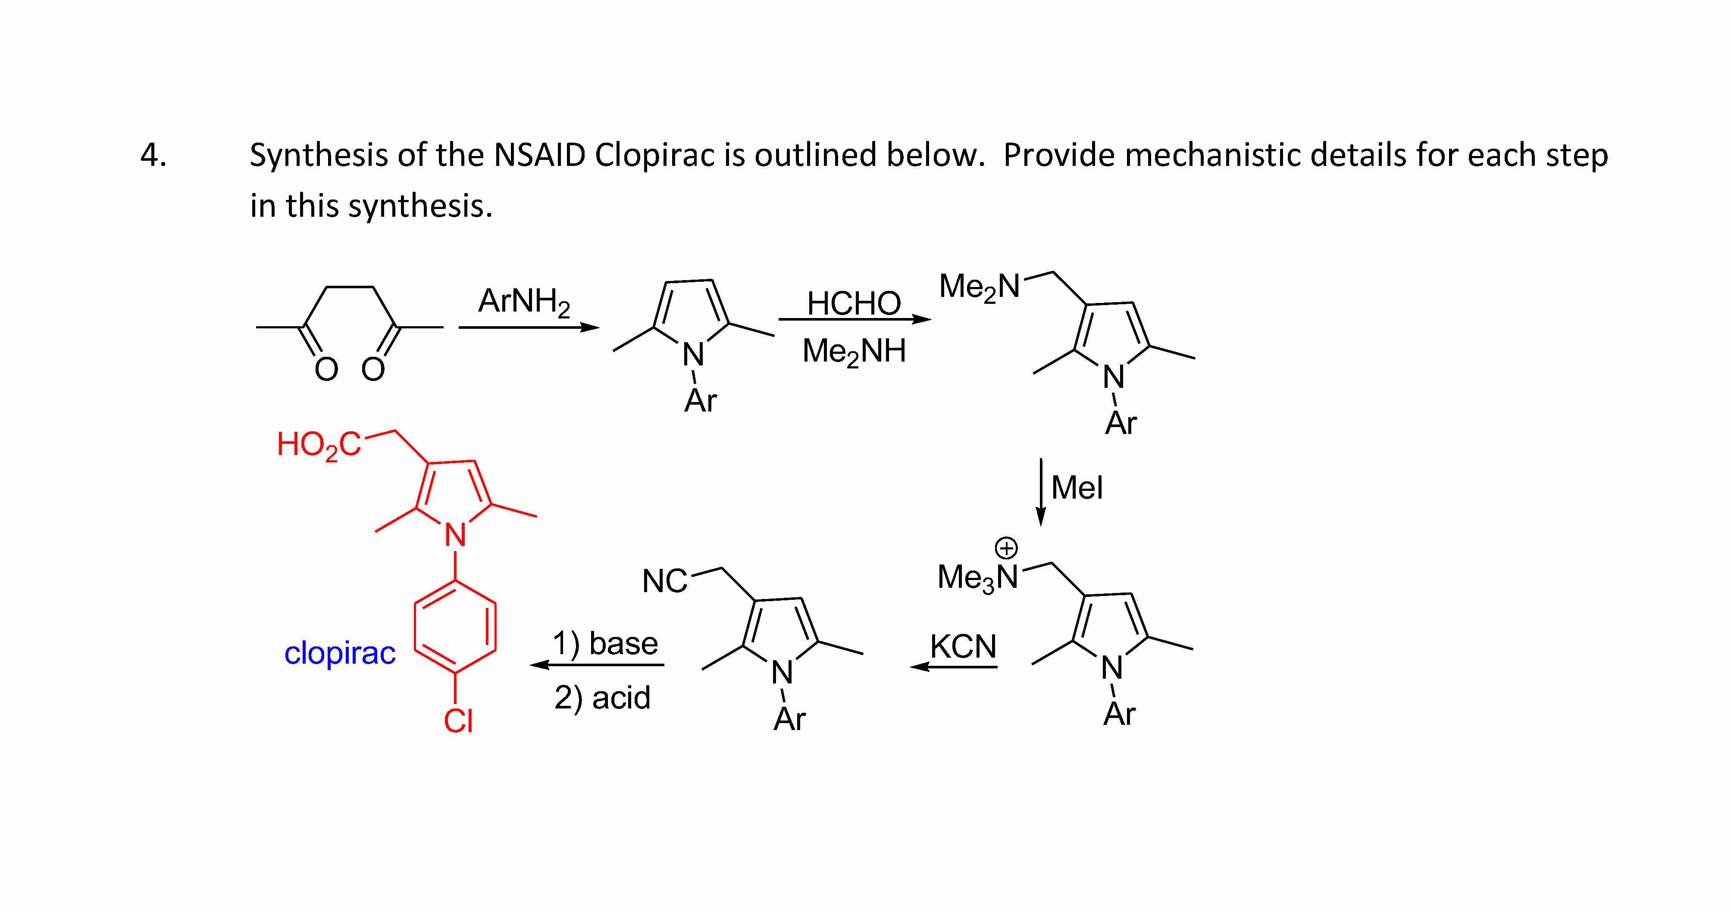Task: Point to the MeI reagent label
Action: pos(1077,488)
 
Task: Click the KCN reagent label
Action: pos(963,647)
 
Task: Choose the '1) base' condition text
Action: pos(605,644)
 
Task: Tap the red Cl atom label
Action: pos(458,721)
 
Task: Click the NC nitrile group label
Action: pos(664,581)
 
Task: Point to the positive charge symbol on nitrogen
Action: pos(1006,548)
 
